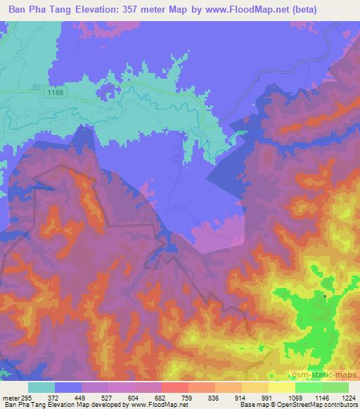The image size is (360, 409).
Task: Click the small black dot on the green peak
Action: (325, 297)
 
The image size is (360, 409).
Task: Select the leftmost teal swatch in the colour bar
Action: (41, 387)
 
